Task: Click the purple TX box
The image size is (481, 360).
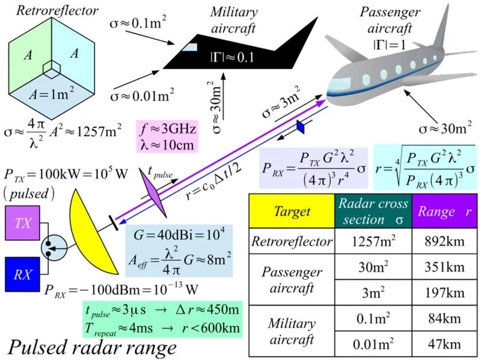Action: point(23,222)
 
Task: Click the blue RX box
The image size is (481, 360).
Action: point(23,274)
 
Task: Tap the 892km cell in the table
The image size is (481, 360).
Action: point(444,241)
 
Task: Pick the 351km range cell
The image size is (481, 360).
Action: point(444,266)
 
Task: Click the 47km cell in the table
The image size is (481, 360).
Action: point(444,344)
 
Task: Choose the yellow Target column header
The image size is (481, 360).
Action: point(292,211)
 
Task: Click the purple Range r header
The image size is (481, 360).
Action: point(444,211)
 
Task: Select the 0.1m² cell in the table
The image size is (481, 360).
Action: point(373,319)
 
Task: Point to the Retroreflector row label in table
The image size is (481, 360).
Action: point(292,241)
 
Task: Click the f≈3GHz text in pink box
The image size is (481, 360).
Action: point(168,129)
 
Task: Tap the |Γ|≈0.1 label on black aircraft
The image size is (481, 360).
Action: point(232,57)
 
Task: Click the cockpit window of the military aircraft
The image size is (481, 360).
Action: point(189,47)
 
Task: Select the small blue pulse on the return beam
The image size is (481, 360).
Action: point(301,127)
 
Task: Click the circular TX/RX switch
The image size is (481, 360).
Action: point(54,248)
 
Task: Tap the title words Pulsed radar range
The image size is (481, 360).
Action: point(92,348)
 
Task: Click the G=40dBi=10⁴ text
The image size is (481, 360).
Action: point(179,235)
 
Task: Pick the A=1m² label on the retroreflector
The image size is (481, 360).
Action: point(52,93)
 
